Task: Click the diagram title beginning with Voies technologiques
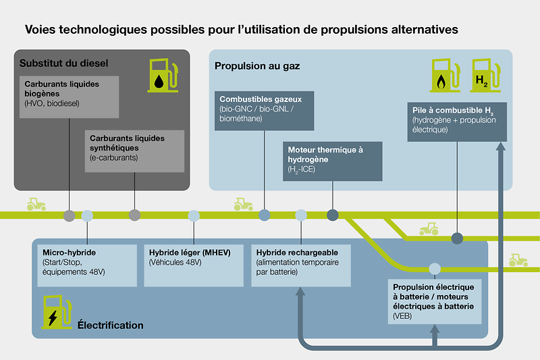point(242,30)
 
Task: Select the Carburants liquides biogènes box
point(70,97)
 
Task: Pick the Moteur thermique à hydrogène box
point(332,161)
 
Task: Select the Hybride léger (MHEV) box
point(194,264)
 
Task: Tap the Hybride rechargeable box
point(300,264)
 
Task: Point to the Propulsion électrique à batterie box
point(435,302)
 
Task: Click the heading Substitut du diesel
point(64,63)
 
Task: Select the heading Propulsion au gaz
point(257,66)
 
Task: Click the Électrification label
point(110,325)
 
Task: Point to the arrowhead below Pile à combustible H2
point(500,148)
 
